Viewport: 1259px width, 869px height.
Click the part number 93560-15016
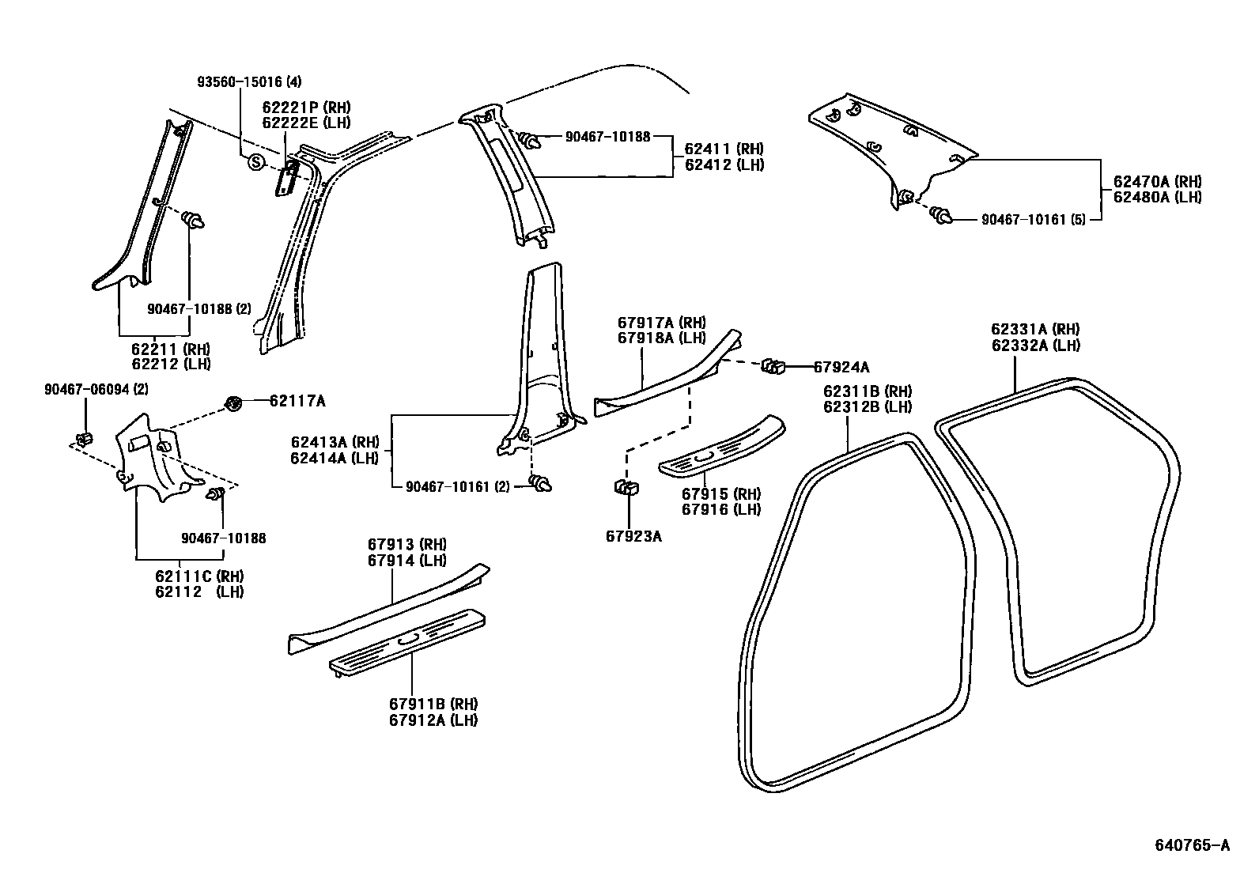click(248, 82)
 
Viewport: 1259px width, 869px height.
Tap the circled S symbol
click(255, 162)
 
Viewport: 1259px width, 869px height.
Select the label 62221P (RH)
click(306, 108)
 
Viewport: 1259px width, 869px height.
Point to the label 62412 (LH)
click(724, 164)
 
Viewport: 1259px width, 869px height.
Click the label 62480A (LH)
click(1157, 198)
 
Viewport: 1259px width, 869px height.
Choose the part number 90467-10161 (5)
click(1034, 218)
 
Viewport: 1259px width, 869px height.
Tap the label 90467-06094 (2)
click(96, 389)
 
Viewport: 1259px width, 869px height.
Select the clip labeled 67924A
click(772, 366)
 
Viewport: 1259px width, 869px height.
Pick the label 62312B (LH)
click(868, 407)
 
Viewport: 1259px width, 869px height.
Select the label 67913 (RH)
click(406, 544)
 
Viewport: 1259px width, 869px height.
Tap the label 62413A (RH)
click(335, 443)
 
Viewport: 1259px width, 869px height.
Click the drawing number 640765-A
click(1197, 846)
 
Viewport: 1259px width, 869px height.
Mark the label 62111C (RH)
click(198, 576)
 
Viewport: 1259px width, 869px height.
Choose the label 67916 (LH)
click(720, 510)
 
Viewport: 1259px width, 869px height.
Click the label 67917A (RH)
click(661, 323)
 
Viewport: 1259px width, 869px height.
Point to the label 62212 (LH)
click(171, 364)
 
